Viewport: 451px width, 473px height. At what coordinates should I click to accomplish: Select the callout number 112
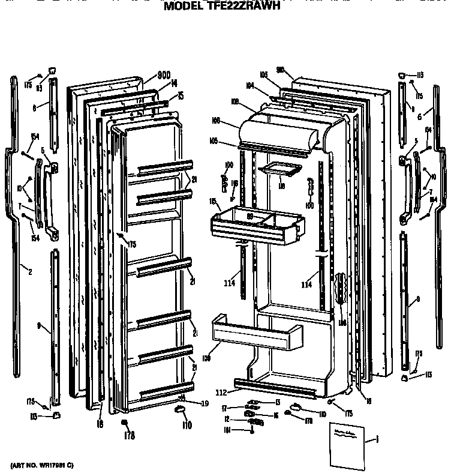coord(221,393)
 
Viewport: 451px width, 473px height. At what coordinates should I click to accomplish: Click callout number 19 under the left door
coord(205,405)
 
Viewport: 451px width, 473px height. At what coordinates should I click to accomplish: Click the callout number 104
coord(249,86)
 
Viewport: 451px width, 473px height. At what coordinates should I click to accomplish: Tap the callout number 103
coord(263,74)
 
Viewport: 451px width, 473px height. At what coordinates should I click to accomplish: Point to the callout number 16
coord(275,415)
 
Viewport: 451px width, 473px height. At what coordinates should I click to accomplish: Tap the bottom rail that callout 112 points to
coord(275,389)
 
